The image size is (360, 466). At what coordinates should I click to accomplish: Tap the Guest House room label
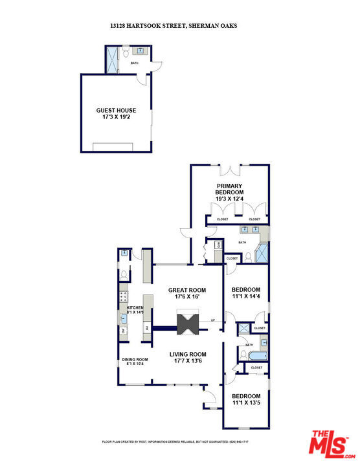pyautogui.click(x=117, y=114)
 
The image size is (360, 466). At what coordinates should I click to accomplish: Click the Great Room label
pyautogui.click(x=186, y=293)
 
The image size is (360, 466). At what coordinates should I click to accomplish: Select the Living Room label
pyautogui.click(x=188, y=357)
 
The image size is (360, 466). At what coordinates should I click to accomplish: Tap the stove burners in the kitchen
pyautogui.click(x=122, y=298)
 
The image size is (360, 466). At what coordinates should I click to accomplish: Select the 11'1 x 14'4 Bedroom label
pyautogui.click(x=245, y=293)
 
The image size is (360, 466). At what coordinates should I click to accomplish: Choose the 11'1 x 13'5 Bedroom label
pyautogui.click(x=245, y=399)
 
